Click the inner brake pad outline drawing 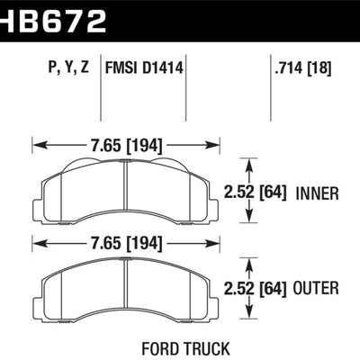point(125,193)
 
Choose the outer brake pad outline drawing point(125,290)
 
